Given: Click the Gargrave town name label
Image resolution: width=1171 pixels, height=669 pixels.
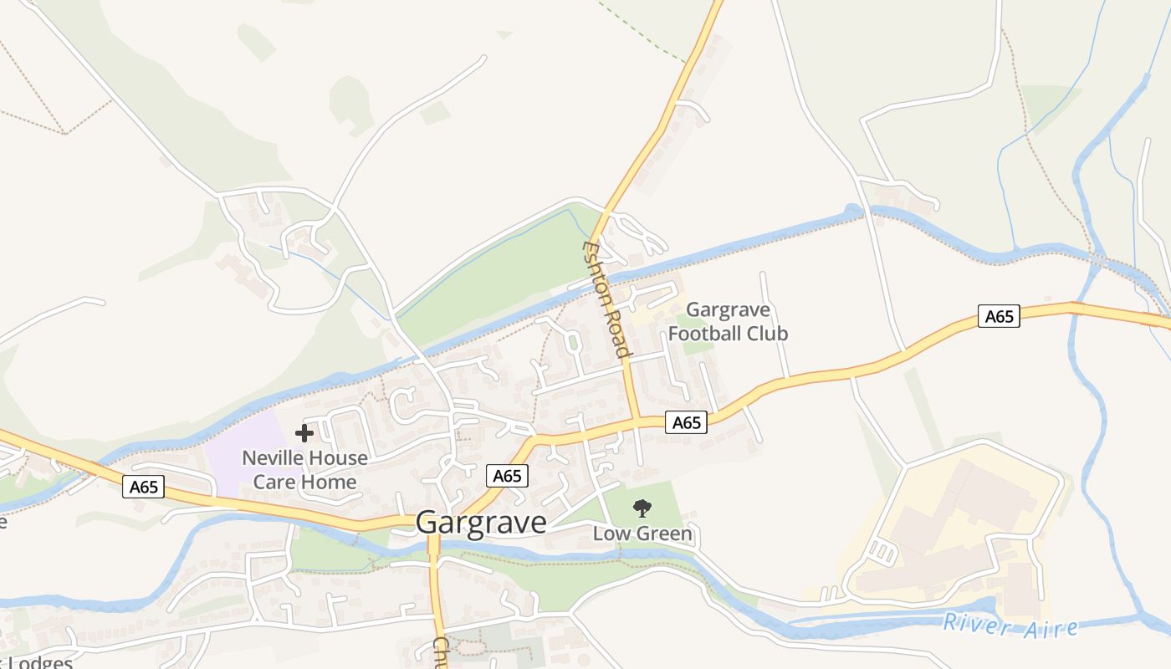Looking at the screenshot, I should pos(481,523).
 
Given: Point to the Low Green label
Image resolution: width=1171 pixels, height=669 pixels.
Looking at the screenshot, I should pos(642,534).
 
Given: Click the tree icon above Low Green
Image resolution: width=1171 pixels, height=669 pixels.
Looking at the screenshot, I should pos(642,508).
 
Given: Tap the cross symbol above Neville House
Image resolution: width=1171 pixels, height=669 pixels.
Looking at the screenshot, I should pos(304,433).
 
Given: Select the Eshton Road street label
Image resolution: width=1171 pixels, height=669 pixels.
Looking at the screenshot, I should pos(606,299).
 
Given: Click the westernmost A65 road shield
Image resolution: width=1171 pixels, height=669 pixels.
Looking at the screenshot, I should pos(143,487).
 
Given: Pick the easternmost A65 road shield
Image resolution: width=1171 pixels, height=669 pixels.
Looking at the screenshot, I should pos(999,316).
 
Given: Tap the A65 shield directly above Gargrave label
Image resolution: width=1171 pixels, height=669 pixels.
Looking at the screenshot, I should pos(507,476).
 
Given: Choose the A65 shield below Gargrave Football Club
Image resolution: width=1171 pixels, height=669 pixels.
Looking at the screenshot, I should pos(687,422).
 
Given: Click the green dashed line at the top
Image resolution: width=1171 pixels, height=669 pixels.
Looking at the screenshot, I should pos(644,30).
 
